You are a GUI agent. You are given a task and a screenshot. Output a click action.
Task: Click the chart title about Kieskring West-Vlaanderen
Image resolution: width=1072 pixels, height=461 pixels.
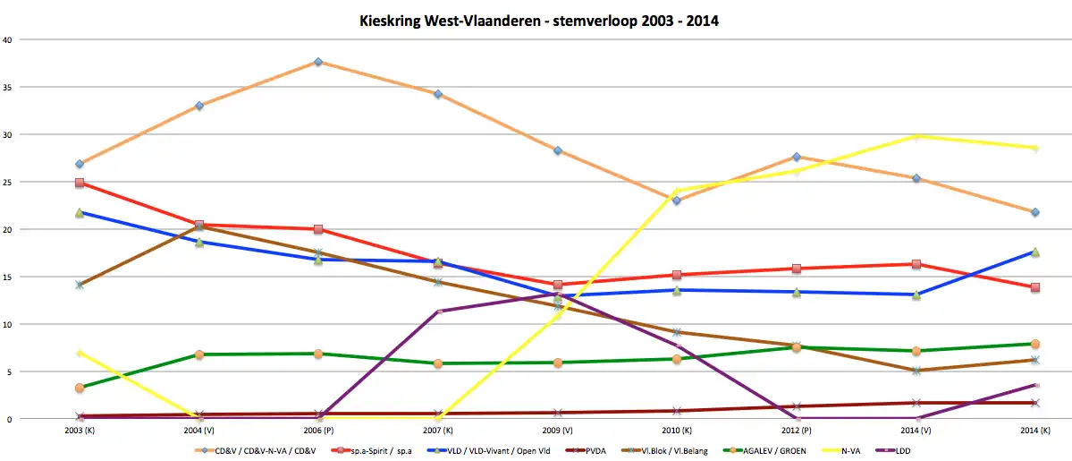coord(536,18)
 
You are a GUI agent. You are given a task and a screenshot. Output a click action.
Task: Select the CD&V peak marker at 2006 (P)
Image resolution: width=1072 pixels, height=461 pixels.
coord(318,62)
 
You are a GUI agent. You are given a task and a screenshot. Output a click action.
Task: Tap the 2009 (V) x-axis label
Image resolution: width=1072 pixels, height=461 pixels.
coord(557,431)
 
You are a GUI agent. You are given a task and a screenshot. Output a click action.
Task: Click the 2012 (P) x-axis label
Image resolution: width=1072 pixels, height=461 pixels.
coord(796,431)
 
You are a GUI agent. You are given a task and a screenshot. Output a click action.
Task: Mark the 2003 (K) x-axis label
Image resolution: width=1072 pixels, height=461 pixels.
coord(80,431)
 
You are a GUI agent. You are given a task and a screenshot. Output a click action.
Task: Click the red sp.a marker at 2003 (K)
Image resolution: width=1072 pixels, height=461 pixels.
coord(80,184)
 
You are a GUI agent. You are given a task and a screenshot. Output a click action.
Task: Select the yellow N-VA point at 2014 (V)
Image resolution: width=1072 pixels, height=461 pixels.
coord(916,136)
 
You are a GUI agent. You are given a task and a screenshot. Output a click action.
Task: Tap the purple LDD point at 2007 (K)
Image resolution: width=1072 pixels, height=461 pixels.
coord(438,312)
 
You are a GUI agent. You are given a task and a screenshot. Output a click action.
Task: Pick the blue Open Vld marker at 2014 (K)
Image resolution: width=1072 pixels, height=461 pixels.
coord(1034,252)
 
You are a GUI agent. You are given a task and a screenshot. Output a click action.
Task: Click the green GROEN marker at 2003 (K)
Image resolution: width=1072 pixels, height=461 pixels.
coord(80,388)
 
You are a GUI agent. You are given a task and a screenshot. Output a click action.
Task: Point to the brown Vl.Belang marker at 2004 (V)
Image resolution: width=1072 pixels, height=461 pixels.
coord(199,226)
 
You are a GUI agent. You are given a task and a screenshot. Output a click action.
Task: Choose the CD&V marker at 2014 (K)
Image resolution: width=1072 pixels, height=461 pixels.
coord(1034,212)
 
